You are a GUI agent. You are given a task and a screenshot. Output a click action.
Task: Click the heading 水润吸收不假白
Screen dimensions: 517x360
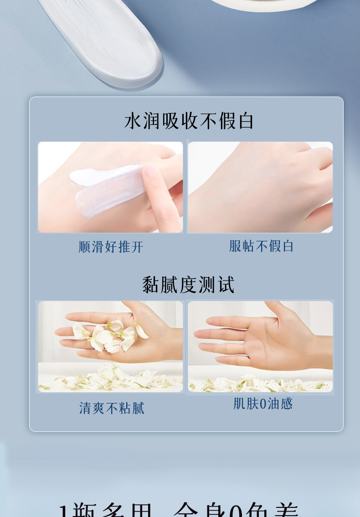click(189, 121)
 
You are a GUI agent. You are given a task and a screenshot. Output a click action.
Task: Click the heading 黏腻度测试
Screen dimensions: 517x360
click(188, 285)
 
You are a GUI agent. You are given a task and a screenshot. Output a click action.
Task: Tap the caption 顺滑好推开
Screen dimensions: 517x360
click(111, 247)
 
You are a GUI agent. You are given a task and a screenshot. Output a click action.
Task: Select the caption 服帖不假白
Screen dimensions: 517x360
click(261, 246)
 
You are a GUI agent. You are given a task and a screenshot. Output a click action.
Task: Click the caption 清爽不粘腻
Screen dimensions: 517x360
click(112, 408)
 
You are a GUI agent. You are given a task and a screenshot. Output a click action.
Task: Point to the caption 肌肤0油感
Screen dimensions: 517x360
click(262, 404)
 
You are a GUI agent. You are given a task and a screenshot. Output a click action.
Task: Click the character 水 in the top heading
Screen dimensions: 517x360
click(133, 121)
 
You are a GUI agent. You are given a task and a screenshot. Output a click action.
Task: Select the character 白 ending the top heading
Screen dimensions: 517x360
click(246, 121)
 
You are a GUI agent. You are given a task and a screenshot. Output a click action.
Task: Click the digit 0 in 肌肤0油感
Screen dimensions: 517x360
click(262, 404)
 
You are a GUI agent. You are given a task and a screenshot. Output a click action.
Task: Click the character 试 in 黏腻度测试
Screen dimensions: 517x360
click(226, 285)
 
